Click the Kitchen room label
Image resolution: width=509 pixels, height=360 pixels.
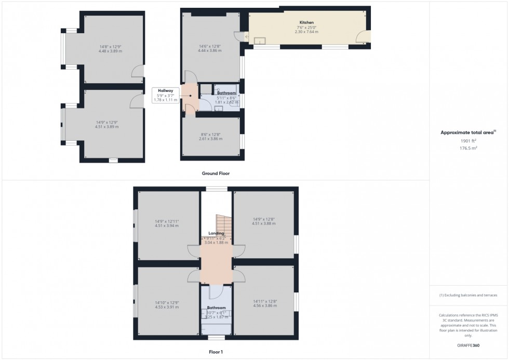click(306, 23)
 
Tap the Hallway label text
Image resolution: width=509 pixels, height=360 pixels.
click(166, 90)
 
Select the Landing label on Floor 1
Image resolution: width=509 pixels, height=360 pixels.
click(216, 234)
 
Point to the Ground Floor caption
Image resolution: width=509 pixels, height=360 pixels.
click(216, 174)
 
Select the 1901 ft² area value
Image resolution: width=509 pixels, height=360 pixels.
click(469, 141)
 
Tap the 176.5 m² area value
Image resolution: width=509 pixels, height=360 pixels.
click(469, 148)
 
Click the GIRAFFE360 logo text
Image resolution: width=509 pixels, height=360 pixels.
click(468, 345)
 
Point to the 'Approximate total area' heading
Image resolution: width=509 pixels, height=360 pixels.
click(468, 132)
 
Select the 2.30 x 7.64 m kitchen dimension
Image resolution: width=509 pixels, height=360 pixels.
click(306, 32)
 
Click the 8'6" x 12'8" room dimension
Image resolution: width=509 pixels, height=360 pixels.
click(210, 135)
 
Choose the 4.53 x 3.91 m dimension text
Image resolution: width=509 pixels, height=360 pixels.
click(166, 307)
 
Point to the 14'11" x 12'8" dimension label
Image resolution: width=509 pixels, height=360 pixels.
click(265, 301)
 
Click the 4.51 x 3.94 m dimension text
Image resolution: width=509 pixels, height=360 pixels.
click(166, 225)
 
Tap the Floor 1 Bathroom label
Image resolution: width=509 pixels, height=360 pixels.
click(216, 308)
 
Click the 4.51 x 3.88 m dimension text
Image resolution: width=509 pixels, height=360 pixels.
click(264, 223)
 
